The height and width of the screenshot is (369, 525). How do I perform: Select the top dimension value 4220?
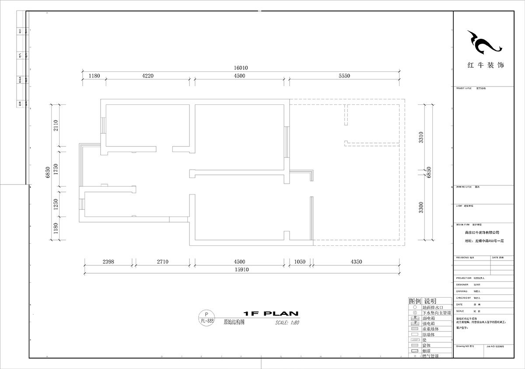click(x=148, y=76)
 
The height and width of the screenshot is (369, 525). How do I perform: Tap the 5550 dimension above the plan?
click(x=344, y=76)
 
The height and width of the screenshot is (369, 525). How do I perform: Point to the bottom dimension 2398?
click(x=108, y=262)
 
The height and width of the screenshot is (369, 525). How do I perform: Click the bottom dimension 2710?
click(x=162, y=262)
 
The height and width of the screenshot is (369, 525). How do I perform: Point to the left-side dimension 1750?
click(x=56, y=169)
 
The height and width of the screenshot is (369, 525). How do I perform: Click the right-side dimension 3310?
click(x=421, y=138)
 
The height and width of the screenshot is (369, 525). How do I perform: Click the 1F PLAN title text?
click(x=270, y=313)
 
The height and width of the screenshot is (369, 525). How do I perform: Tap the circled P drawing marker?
click(x=207, y=314)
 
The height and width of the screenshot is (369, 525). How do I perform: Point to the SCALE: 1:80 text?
click(x=287, y=324)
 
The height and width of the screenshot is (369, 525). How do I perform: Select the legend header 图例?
click(x=414, y=301)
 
